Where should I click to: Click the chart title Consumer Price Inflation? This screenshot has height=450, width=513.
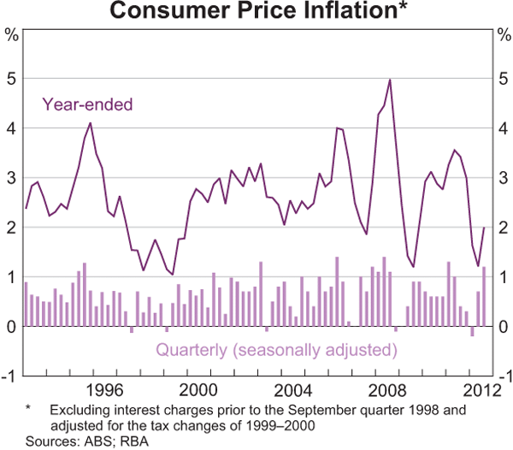256,13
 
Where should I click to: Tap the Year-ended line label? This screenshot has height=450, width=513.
88,105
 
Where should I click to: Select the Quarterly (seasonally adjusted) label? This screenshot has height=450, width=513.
276,350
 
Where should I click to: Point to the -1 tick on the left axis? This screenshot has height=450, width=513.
10,376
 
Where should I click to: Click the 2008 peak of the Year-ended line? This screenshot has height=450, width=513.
390,80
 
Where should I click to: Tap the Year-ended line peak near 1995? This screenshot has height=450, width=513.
90,123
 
